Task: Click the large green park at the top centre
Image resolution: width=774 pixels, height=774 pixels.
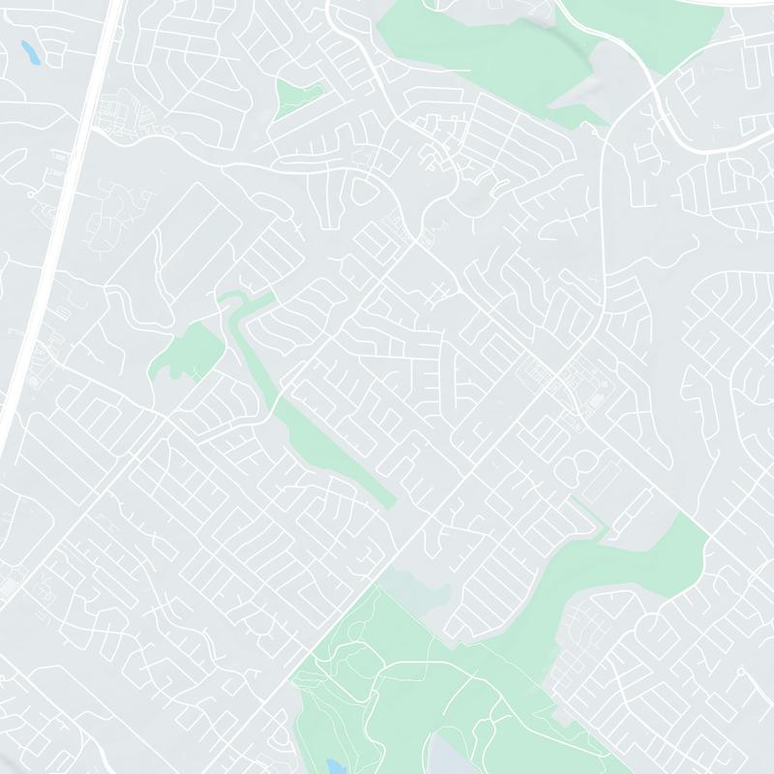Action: click(x=464, y=39)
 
